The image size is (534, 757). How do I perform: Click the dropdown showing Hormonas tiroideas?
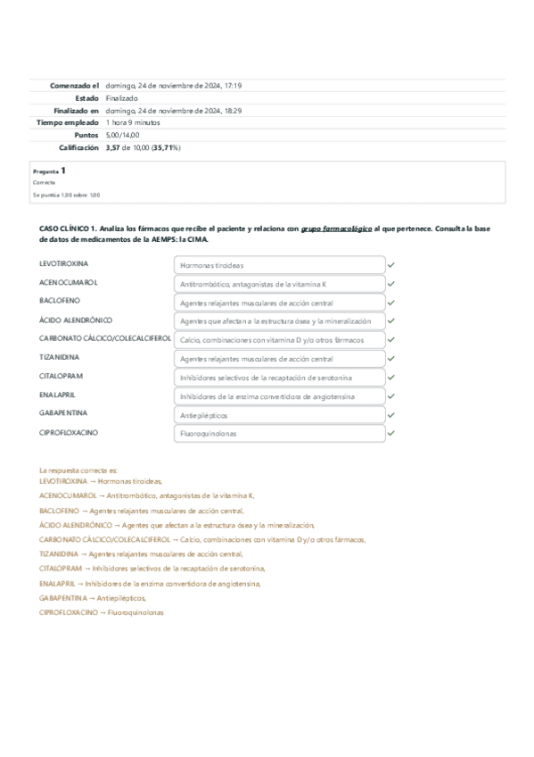(x=279, y=265)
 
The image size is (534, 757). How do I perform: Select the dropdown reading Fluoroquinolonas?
(x=279, y=433)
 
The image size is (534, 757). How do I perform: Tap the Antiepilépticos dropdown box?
(x=279, y=415)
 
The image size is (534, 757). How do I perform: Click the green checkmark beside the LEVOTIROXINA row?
(x=391, y=265)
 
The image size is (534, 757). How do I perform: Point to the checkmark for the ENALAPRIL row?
(x=391, y=396)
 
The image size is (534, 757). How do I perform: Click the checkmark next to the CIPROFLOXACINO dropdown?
(x=391, y=433)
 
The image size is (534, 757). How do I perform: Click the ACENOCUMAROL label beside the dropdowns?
(x=69, y=282)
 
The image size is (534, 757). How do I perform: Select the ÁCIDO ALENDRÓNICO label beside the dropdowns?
(x=76, y=320)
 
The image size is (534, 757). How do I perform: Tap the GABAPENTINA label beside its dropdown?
(x=62, y=413)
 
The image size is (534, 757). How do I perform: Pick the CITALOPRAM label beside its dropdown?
(x=61, y=376)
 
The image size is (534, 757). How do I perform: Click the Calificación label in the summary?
(x=78, y=147)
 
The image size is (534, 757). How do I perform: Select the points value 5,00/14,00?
(x=122, y=135)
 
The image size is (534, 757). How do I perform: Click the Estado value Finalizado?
(x=121, y=98)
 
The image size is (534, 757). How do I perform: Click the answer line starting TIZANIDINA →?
(x=141, y=553)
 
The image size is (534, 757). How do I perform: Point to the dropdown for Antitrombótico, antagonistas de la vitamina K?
(x=279, y=283)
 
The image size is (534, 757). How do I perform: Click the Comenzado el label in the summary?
(x=74, y=86)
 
